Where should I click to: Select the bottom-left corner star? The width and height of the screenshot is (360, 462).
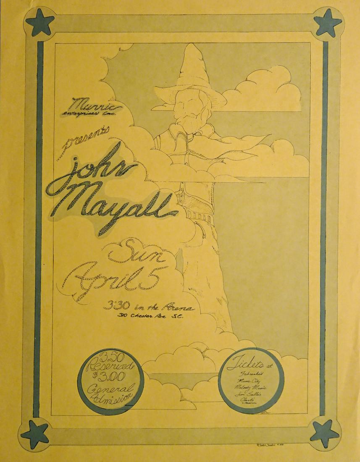[35, 433]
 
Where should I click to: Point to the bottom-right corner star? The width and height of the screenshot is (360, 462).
[324, 433]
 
